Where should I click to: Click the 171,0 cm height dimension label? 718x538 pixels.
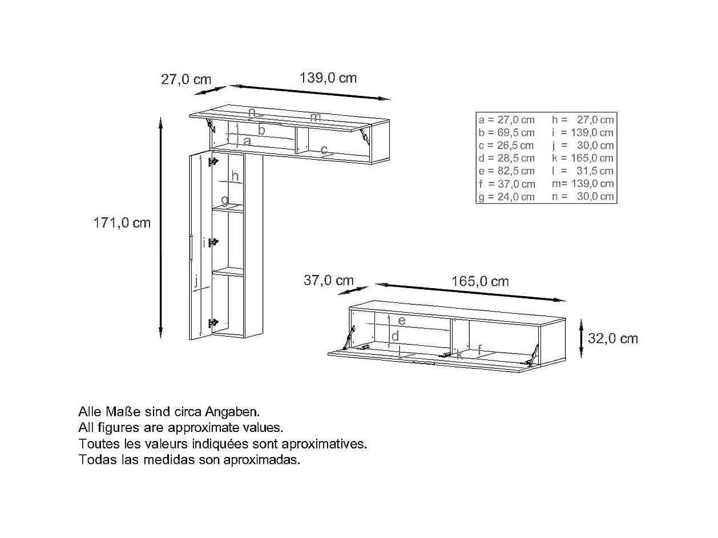click(122, 223)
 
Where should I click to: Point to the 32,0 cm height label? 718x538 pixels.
click(612, 338)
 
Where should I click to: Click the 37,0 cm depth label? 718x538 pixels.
click(328, 280)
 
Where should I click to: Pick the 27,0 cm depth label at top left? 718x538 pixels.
click(185, 79)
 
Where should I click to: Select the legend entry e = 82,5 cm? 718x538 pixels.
click(507, 171)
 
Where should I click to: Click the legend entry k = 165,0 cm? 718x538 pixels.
click(583, 159)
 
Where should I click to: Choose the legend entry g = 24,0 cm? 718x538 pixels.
click(507, 197)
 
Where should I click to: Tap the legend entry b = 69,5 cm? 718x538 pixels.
click(507, 133)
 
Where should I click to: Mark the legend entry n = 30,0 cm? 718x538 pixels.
click(583, 197)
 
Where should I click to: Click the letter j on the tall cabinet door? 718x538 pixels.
click(196, 280)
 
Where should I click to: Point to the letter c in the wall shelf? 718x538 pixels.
click(324, 150)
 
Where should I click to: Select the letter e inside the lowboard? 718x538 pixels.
click(402, 321)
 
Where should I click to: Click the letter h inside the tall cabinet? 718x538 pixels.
click(235, 176)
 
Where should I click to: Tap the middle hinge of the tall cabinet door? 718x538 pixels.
click(213, 242)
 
